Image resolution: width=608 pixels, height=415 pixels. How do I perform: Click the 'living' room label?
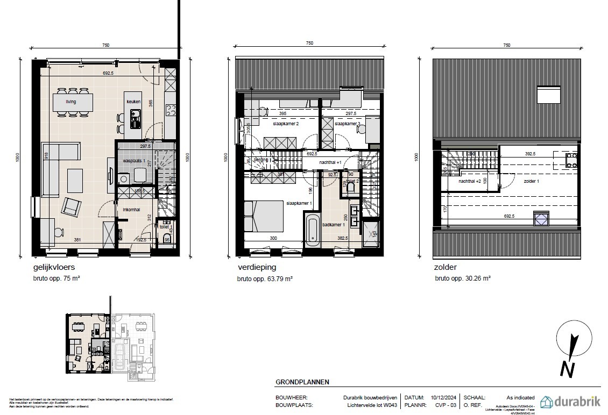tap(71, 101)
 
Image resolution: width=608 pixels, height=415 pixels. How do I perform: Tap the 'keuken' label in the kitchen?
tap(133, 101)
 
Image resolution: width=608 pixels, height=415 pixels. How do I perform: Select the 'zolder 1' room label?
tap(531, 181)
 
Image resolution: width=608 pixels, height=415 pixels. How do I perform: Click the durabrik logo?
tap(570, 402)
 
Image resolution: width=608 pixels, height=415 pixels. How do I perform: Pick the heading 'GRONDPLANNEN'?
tap(302, 382)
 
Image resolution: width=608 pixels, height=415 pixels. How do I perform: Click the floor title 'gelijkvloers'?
tap(54, 267)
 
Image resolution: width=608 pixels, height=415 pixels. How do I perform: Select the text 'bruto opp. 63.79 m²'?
tap(265, 279)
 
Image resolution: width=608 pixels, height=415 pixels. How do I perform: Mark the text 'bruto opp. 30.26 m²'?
tap(463, 279)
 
